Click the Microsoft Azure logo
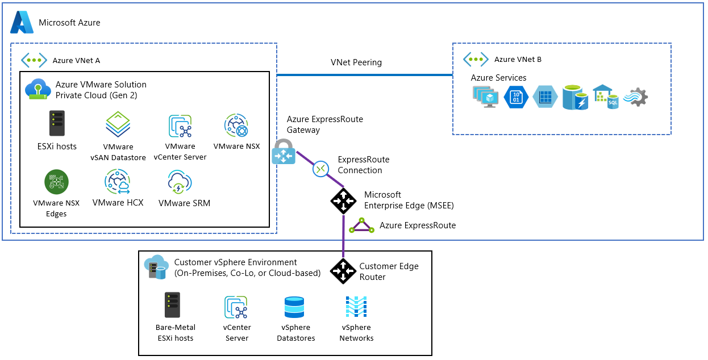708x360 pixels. pos(22,22)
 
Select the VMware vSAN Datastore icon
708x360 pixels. pos(118,124)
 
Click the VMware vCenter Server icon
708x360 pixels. pos(180,127)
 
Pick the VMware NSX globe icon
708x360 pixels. pos(236,126)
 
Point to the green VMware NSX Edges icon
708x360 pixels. pos(57,182)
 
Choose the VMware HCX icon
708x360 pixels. pos(118,182)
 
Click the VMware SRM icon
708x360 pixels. pos(180,182)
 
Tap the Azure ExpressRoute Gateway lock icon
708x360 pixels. pos(283,152)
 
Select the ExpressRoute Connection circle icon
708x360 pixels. pos(321,169)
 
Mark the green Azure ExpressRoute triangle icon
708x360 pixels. pos(362,226)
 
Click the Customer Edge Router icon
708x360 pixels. pos(343,271)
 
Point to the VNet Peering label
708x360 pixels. pos(356,62)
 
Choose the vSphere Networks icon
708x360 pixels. pos(356,307)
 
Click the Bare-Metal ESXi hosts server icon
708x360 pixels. pos(172,305)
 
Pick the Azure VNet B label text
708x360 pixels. pos(518,60)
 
